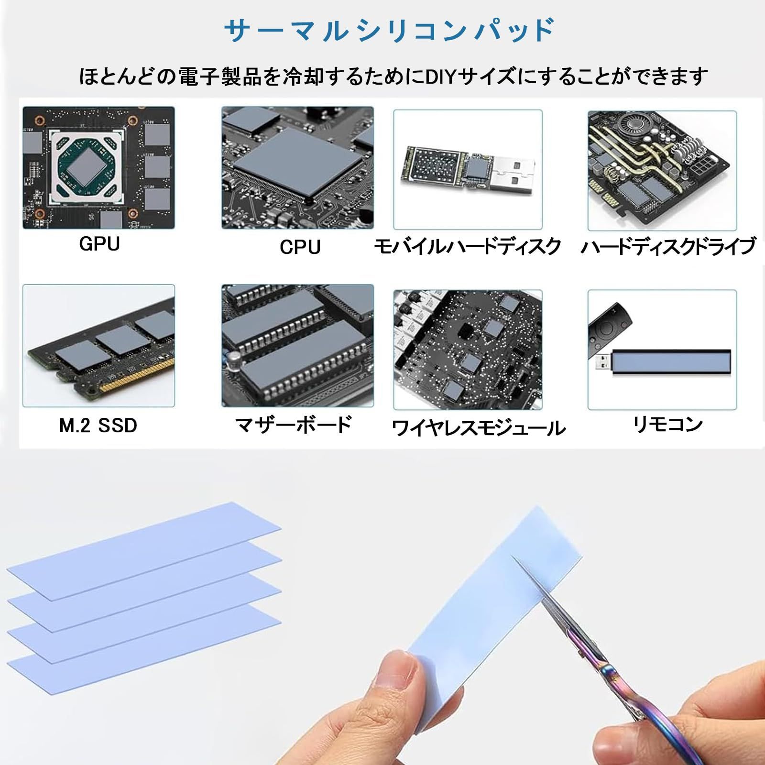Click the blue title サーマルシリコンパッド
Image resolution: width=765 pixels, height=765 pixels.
click(389, 31)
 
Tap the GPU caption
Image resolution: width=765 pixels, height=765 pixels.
click(99, 244)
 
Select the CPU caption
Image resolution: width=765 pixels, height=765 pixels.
click(300, 247)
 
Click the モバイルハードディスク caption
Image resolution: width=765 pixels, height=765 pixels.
click(467, 247)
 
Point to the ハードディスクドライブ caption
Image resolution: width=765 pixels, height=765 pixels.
click(668, 247)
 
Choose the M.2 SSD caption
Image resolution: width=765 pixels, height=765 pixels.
click(98, 426)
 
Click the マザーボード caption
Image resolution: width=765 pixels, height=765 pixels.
click(294, 425)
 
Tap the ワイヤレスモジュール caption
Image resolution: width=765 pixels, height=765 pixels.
click(479, 428)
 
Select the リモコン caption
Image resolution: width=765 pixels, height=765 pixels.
click(668, 424)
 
